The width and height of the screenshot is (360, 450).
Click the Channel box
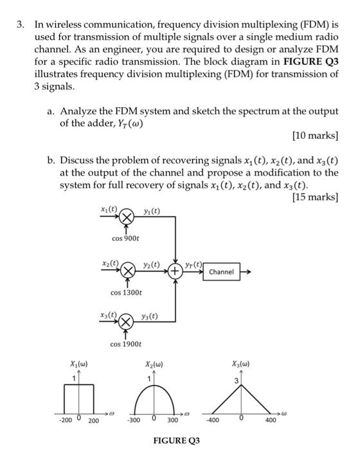[x=221, y=272]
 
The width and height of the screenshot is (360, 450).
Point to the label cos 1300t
[x=125, y=293]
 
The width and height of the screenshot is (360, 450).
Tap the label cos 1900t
[x=125, y=345]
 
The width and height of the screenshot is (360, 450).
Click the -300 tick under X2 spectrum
[x=134, y=421]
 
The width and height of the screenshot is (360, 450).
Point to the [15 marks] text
[x=315, y=197]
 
